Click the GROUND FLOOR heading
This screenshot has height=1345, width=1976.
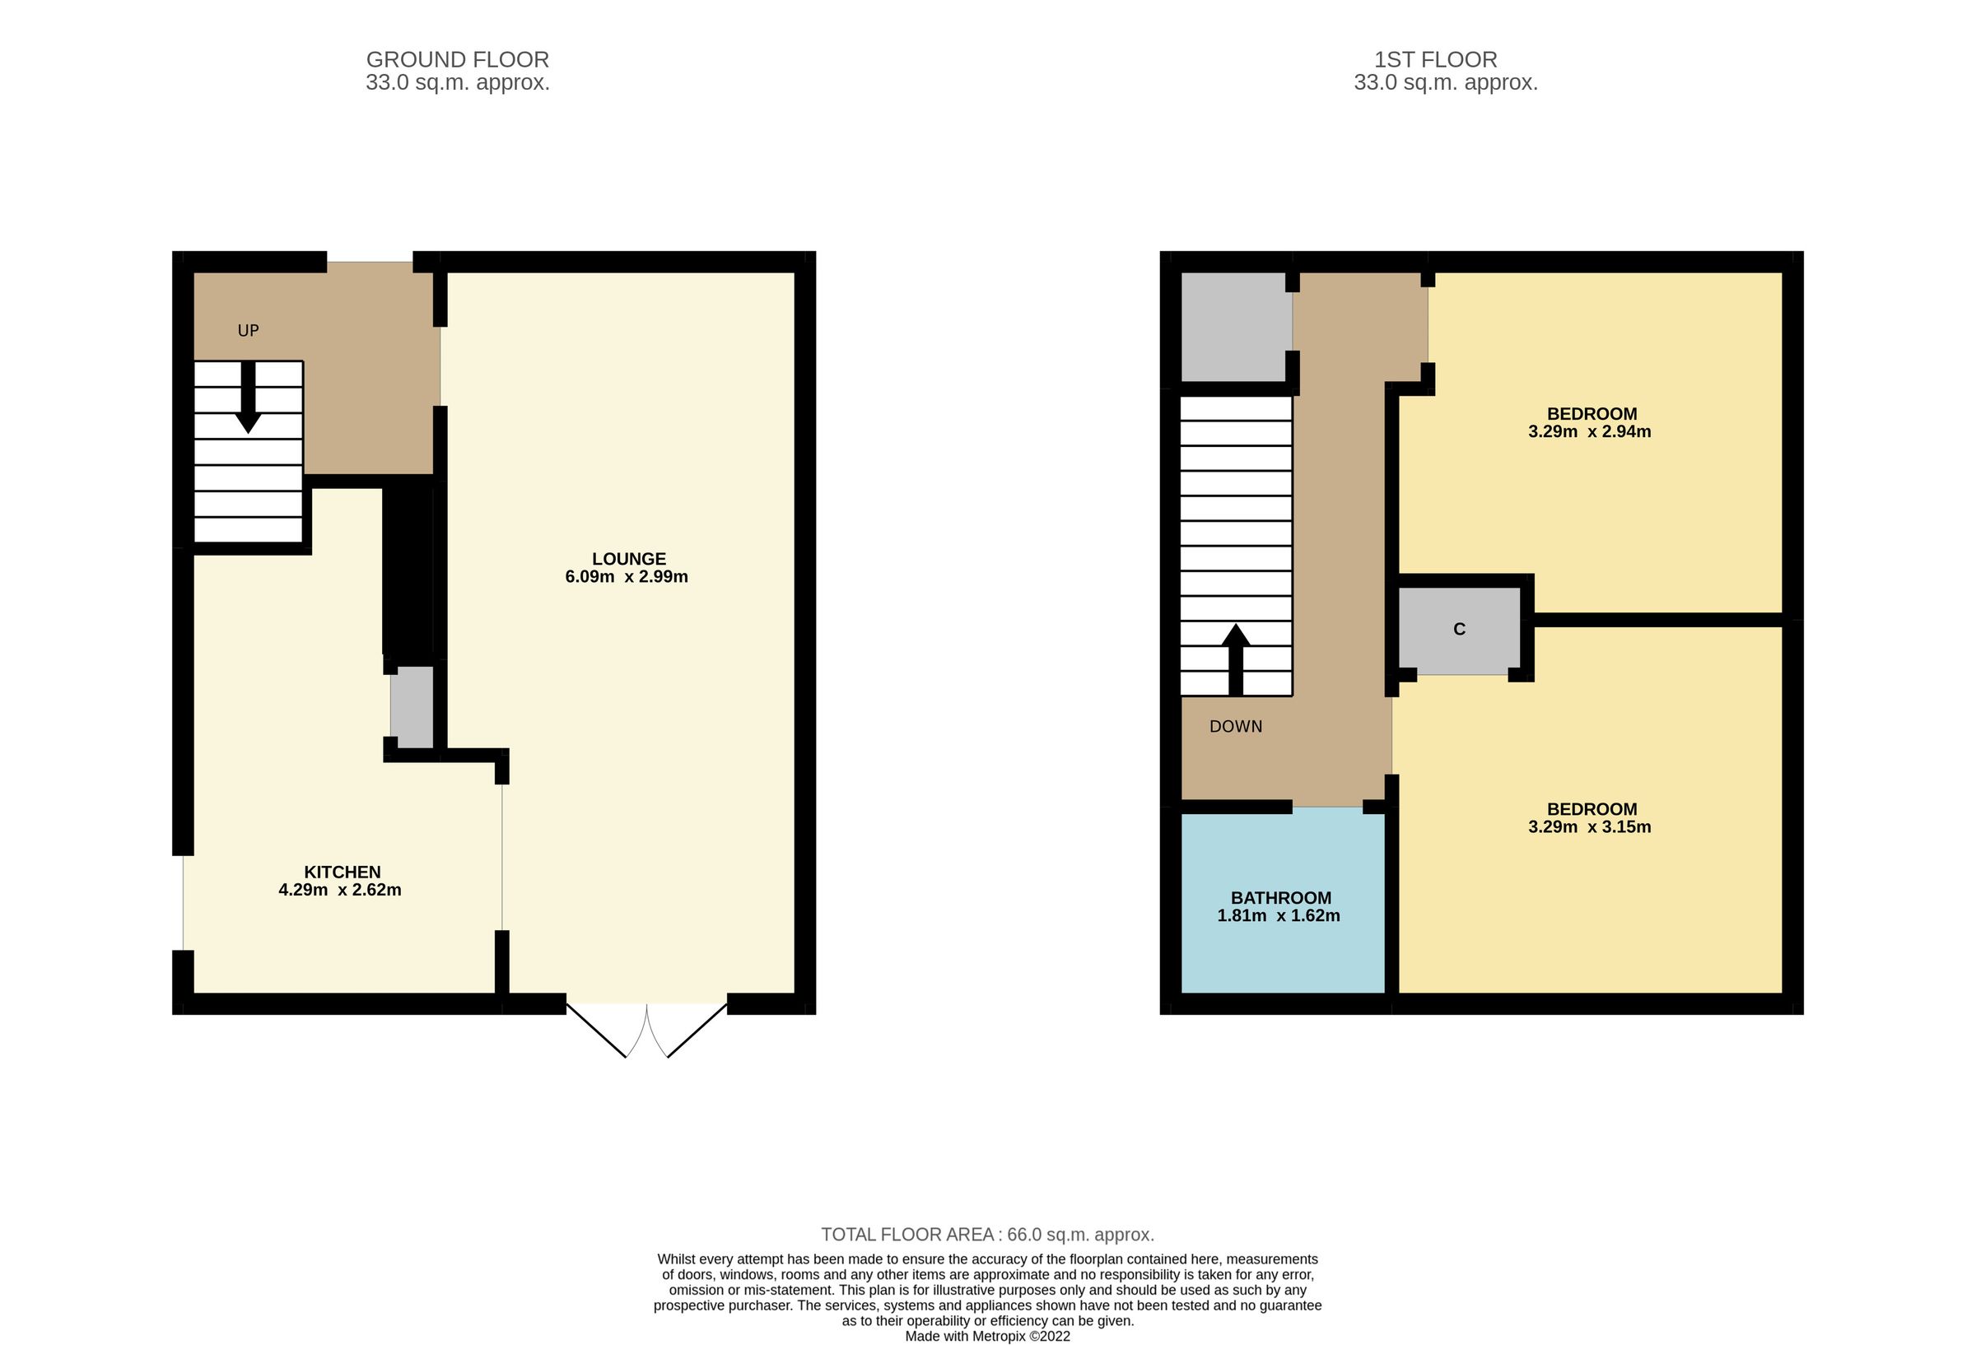click(x=458, y=59)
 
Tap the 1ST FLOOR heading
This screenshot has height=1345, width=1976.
click(x=1435, y=59)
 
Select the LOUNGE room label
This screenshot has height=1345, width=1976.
click(x=628, y=559)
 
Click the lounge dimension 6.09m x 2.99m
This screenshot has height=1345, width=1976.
click(x=627, y=576)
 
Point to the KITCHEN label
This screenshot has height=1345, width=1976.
click(x=342, y=872)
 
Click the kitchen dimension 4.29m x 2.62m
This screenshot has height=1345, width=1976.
click(x=340, y=890)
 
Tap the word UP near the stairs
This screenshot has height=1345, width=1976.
click(x=249, y=331)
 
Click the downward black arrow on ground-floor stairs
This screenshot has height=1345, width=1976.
click(x=249, y=399)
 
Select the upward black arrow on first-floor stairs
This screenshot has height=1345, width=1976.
click(x=1236, y=659)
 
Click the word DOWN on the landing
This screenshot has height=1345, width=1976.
click(x=1236, y=726)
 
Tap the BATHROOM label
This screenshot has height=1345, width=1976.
click(x=1280, y=898)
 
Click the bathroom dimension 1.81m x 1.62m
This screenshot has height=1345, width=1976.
click(x=1279, y=915)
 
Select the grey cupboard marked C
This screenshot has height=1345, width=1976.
click(x=1459, y=629)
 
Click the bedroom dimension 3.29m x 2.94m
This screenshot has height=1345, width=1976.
click(x=1589, y=431)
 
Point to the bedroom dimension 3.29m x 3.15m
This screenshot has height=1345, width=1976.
click(x=1589, y=826)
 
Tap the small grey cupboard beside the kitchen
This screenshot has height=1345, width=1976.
click(x=412, y=707)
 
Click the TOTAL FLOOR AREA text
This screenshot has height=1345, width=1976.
click(x=987, y=1235)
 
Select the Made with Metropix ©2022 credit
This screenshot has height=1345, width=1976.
click(x=987, y=1336)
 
